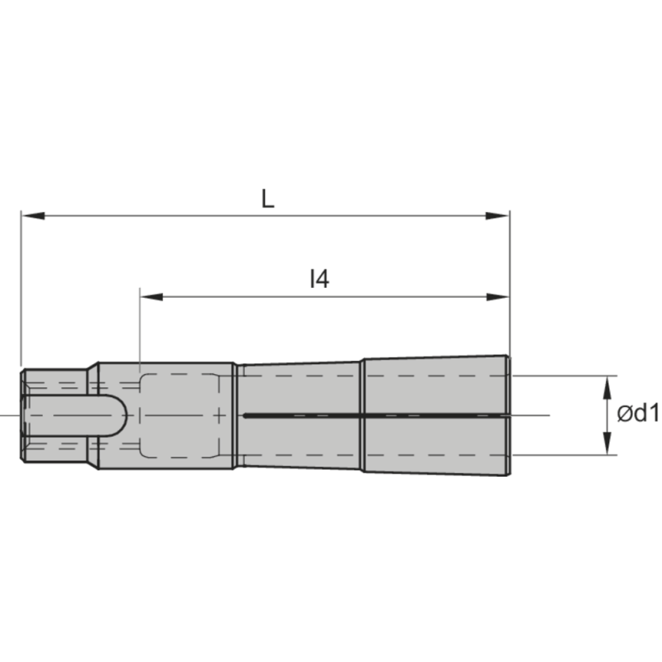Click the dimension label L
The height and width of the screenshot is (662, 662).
click(x=266, y=199)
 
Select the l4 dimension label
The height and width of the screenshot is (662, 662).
click(x=319, y=280)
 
